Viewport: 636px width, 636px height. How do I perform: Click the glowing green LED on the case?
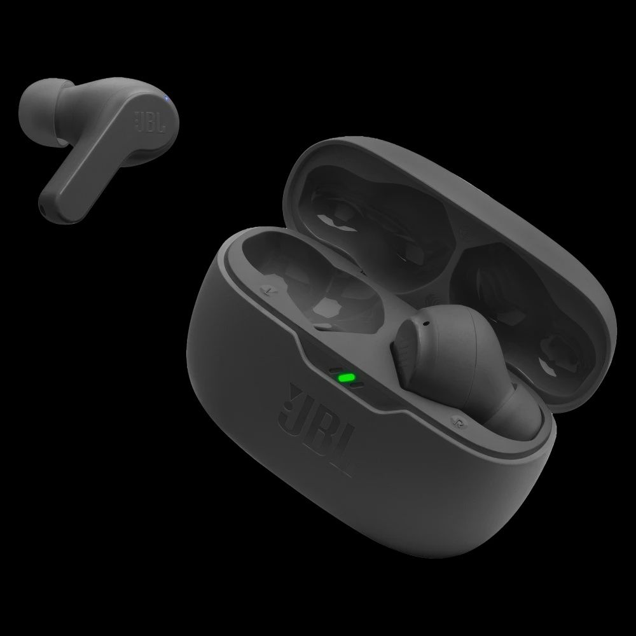[x=347, y=378]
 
